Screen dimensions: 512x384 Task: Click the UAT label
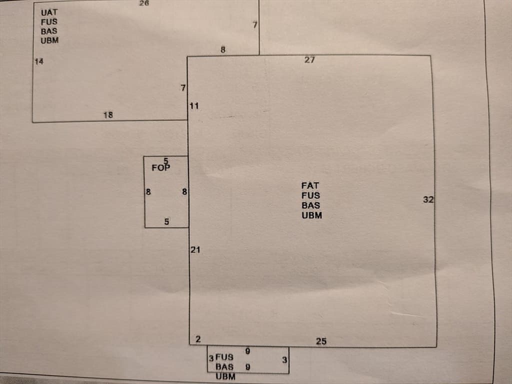tap(49, 12)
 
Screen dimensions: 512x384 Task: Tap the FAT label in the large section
tap(310, 185)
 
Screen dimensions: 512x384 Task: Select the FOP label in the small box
tap(160, 168)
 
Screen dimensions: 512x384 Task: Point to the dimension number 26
tap(144, 3)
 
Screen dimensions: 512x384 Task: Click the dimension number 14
tap(39, 61)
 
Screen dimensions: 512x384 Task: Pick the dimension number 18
tap(108, 115)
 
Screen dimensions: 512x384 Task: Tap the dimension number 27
tap(309, 60)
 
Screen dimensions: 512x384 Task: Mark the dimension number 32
tap(428, 199)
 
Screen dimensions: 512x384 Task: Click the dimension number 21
tap(195, 250)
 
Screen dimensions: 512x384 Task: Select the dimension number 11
tap(194, 106)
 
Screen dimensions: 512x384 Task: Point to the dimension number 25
tap(321, 341)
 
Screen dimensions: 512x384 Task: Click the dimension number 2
tap(198, 339)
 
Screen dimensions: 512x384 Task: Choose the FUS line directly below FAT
tap(310, 195)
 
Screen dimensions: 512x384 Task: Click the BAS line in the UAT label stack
tap(49, 31)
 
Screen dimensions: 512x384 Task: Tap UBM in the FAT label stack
tap(312, 215)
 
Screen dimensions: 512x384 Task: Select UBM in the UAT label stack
tap(49, 40)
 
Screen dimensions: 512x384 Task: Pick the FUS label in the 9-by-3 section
tap(224, 357)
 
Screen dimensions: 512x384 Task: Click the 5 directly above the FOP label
tap(166, 161)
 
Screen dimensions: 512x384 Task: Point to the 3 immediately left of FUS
tap(211, 358)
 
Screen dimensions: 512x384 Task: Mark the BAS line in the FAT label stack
tap(311, 205)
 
